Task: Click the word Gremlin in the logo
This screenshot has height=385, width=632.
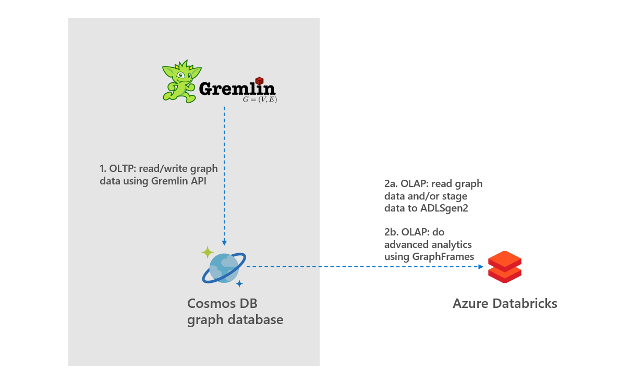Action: pos(237,89)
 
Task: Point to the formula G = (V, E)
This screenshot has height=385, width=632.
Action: pos(260,99)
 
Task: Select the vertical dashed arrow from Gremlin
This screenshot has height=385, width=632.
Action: pos(224,172)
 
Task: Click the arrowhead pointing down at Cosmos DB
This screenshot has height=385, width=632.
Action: pos(224,243)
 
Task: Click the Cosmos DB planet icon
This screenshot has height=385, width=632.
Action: pos(224,267)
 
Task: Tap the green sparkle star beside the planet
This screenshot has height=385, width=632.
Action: pos(208,253)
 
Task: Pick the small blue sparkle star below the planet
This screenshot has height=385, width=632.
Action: pos(239,283)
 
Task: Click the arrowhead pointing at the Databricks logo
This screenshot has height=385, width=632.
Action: pos(480,267)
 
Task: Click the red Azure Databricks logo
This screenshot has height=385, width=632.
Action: pos(504,267)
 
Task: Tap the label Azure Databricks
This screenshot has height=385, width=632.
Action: pos(504,304)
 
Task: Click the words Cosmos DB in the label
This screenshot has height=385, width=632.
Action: pos(222,304)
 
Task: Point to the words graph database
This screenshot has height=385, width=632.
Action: pos(235,319)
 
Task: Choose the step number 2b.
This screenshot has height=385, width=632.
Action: pos(391,232)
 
